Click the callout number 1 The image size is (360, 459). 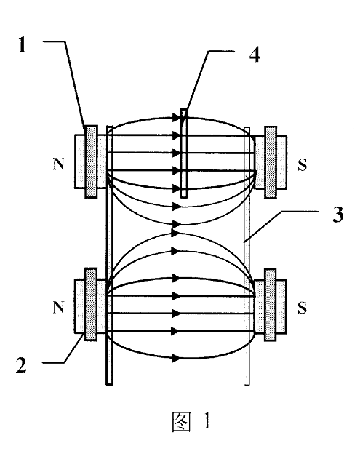(x=23, y=46)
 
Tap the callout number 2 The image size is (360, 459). (x=21, y=365)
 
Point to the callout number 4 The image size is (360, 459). (x=255, y=55)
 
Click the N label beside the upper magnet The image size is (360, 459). (x=58, y=164)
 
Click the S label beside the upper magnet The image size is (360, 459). (x=302, y=165)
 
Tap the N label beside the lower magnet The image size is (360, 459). (x=58, y=308)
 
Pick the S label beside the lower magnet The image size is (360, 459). (x=302, y=308)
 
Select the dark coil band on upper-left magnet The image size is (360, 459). (x=92, y=162)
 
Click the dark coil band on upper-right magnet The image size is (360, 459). (x=271, y=162)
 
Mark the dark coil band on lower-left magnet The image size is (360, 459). (x=91, y=305)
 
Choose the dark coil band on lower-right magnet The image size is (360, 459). (x=270, y=305)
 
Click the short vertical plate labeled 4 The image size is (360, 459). (x=184, y=153)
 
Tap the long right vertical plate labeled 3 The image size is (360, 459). (x=247, y=256)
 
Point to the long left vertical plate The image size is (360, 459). (x=109, y=255)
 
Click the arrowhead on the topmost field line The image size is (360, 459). (x=177, y=118)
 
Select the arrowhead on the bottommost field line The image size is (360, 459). (x=176, y=358)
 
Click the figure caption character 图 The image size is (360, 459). (x=182, y=422)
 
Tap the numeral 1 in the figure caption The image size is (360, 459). (x=207, y=421)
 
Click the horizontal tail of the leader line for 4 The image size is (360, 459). (x=221, y=52)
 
